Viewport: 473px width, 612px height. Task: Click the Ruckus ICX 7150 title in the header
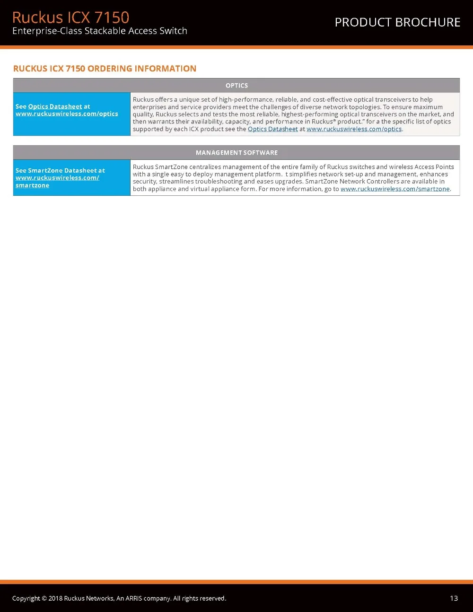point(70,17)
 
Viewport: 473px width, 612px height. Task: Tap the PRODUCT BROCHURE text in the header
point(397,22)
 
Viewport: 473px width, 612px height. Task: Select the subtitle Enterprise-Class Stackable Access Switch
point(100,31)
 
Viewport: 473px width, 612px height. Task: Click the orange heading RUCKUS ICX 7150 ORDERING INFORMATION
point(105,69)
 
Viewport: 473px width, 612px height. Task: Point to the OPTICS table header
point(236,86)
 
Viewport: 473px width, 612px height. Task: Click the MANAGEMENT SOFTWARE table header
point(236,153)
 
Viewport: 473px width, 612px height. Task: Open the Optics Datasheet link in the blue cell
point(55,106)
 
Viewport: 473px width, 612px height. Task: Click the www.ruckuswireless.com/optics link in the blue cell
point(67,114)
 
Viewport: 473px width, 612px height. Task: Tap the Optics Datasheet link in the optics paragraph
point(272,129)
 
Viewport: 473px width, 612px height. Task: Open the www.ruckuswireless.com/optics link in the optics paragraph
point(354,129)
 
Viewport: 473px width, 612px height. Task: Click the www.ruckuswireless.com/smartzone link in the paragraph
point(395,189)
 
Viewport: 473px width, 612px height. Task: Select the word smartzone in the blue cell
point(32,185)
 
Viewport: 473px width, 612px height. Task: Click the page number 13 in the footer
point(454,598)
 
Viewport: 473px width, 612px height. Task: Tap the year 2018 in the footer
point(55,598)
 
